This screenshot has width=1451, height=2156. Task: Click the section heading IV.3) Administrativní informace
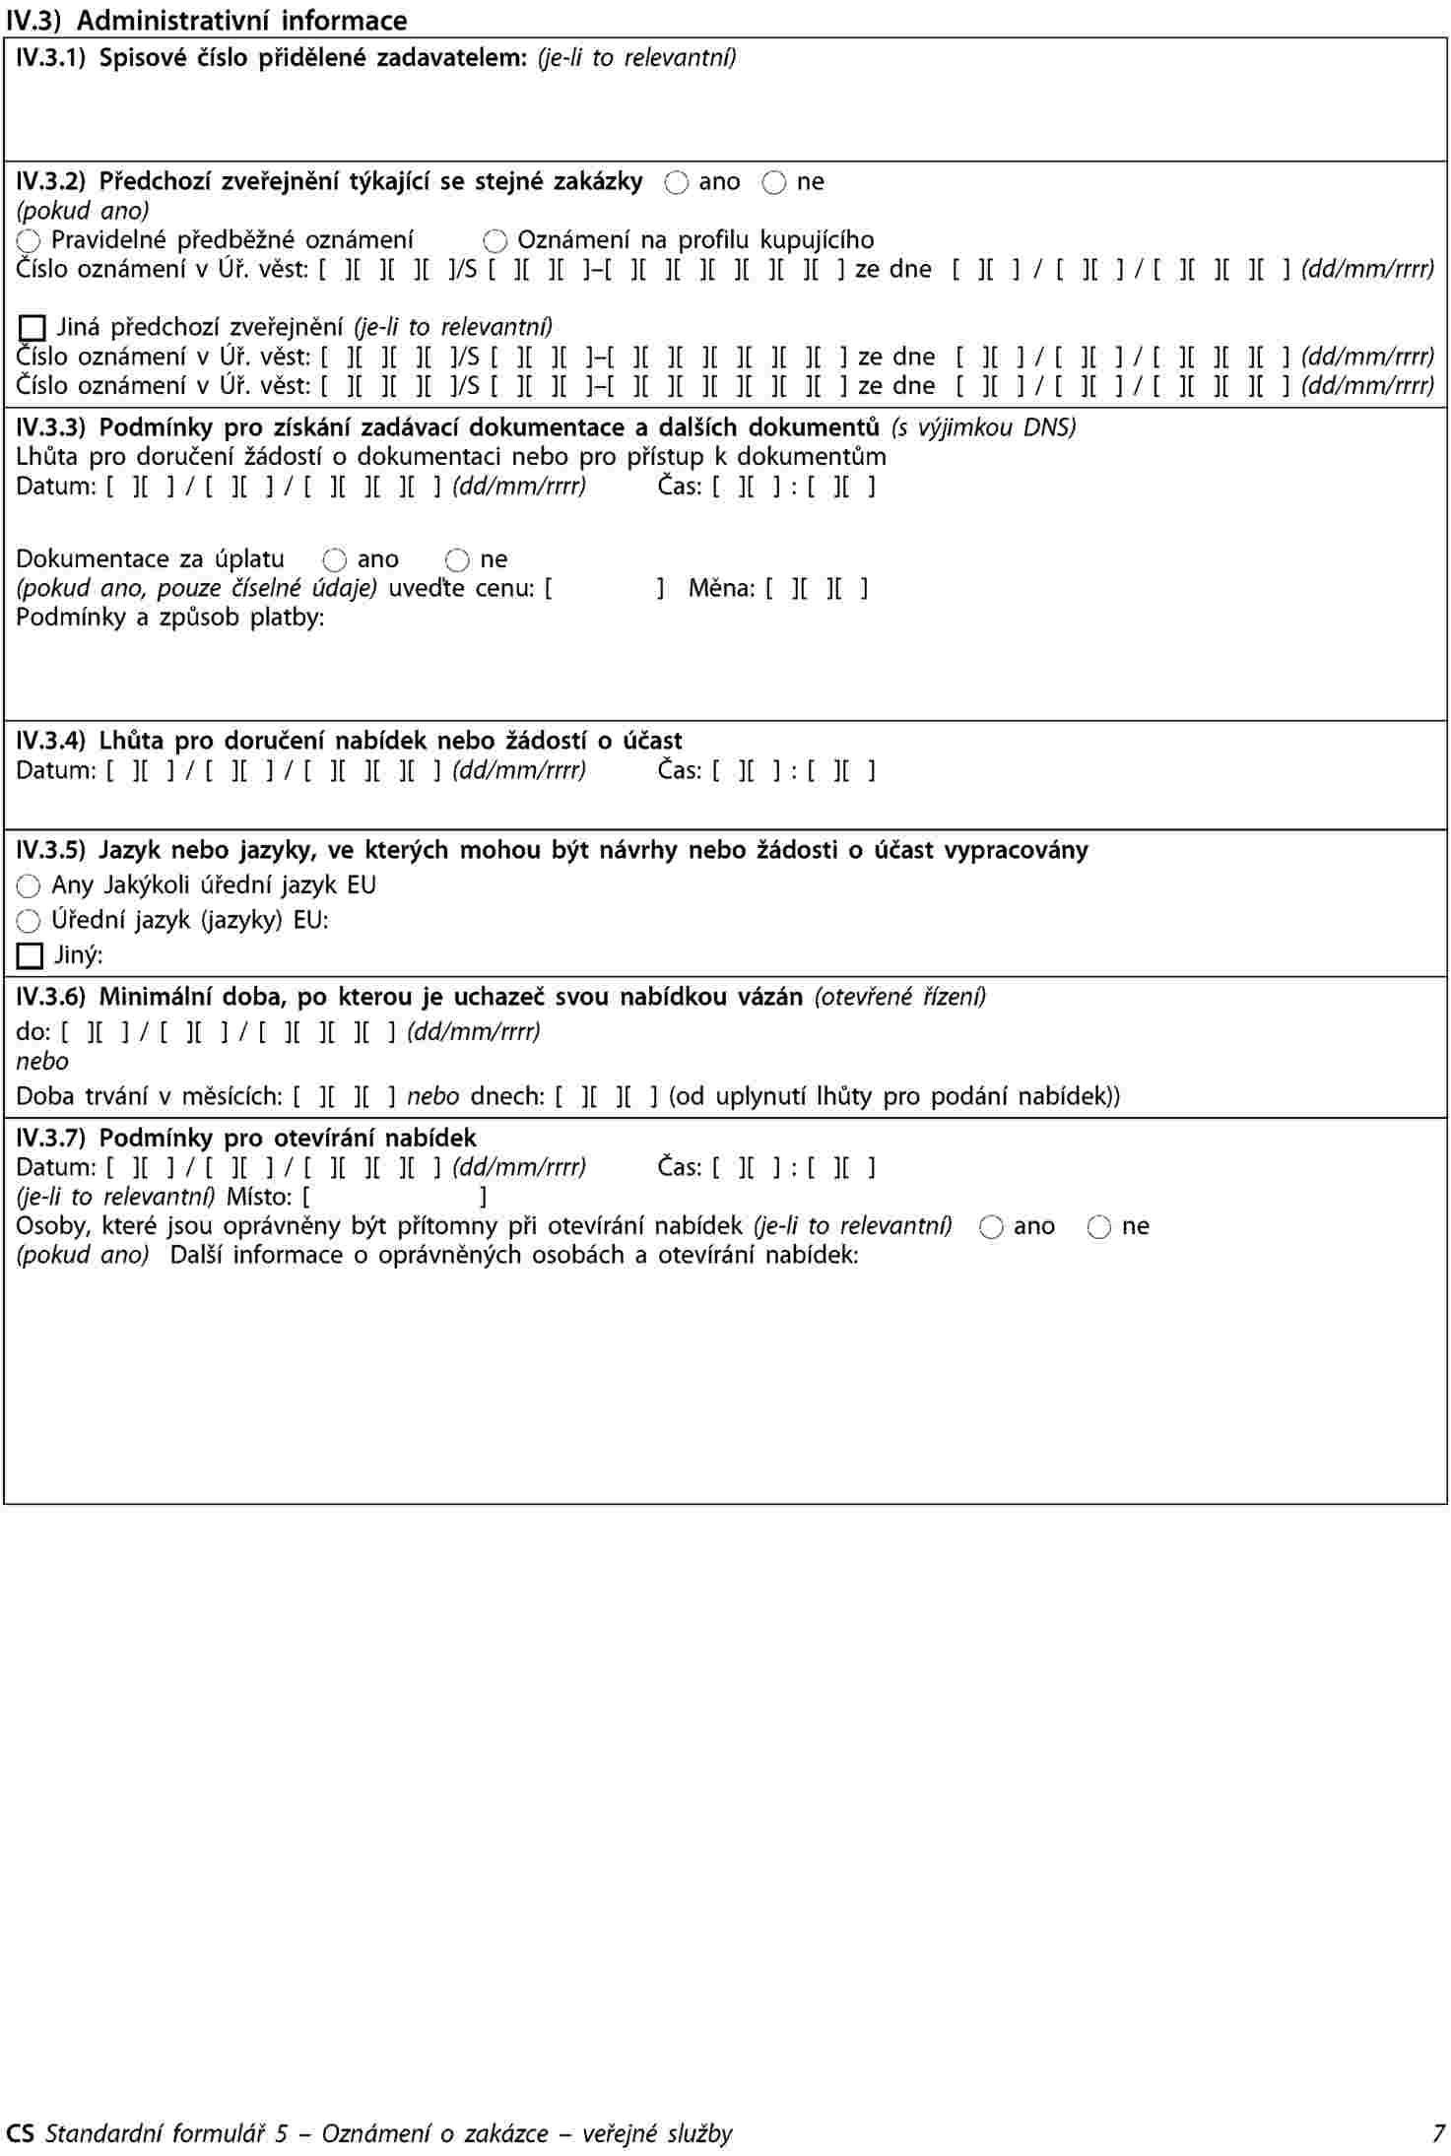(x=206, y=20)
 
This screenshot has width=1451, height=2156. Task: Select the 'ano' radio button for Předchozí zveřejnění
(x=677, y=183)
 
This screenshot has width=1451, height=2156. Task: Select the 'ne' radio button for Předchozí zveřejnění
(x=774, y=183)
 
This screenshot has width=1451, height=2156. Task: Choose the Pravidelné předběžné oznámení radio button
(x=29, y=241)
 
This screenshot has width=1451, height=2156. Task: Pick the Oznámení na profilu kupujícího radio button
(x=495, y=241)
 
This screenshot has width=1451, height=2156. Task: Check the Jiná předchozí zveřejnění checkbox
(x=33, y=328)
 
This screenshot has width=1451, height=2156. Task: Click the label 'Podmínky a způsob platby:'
(x=169, y=619)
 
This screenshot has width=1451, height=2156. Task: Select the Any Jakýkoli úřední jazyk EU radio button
(x=29, y=886)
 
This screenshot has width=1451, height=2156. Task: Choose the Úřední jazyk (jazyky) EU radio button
(x=29, y=922)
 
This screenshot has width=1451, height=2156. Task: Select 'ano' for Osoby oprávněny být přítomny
(x=992, y=1227)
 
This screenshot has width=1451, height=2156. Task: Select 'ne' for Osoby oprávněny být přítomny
(x=1099, y=1227)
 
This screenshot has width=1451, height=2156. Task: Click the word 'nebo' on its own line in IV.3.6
(x=42, y=1062)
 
